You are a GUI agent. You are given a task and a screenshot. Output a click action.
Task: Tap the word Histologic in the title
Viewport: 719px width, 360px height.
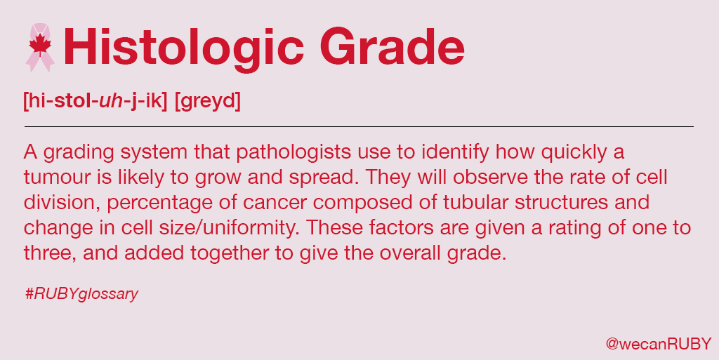184,47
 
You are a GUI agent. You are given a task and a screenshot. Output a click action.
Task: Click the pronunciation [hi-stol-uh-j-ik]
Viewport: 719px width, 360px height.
95,101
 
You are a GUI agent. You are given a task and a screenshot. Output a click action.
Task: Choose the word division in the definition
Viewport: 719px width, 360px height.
53,203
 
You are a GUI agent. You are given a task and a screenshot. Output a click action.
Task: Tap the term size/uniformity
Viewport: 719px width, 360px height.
230,228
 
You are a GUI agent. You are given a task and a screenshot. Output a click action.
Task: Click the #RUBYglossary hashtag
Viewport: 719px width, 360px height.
81,294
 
